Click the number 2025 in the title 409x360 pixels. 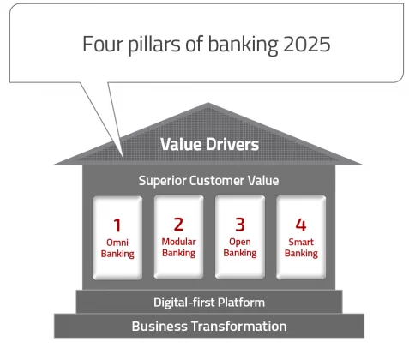pos(307,45)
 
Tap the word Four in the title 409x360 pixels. pos(103,44)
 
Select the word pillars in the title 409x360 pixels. pos(154,45)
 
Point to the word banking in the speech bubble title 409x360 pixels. pos(243,45)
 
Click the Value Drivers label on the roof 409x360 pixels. pos(209,144)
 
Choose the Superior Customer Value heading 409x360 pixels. pos(208,181)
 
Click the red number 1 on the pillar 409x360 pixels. pos(117,225)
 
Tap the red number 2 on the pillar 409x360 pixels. pos(178,225)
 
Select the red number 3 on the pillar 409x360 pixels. pos(240,225)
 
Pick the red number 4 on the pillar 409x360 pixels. pos(301,225)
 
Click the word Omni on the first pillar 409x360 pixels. pos(117,243)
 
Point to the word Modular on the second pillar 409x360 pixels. pos(179,242)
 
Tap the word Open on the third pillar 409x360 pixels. pos(240,243)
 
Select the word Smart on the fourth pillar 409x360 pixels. pos(301,242)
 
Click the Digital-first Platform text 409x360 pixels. pos(209,303)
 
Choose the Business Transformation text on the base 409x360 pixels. pos(209,327)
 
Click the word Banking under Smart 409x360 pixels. pos(301,254)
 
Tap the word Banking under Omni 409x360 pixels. pos(117,254)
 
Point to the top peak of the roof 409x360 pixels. pos(208,103)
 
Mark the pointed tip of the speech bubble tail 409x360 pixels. pos(123,156)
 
